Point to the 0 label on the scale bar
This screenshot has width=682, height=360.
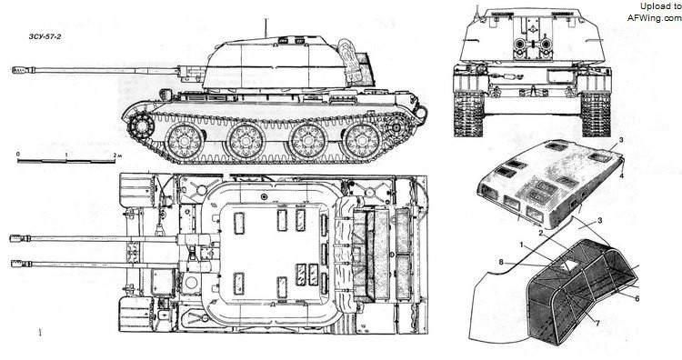click(18, 155)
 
